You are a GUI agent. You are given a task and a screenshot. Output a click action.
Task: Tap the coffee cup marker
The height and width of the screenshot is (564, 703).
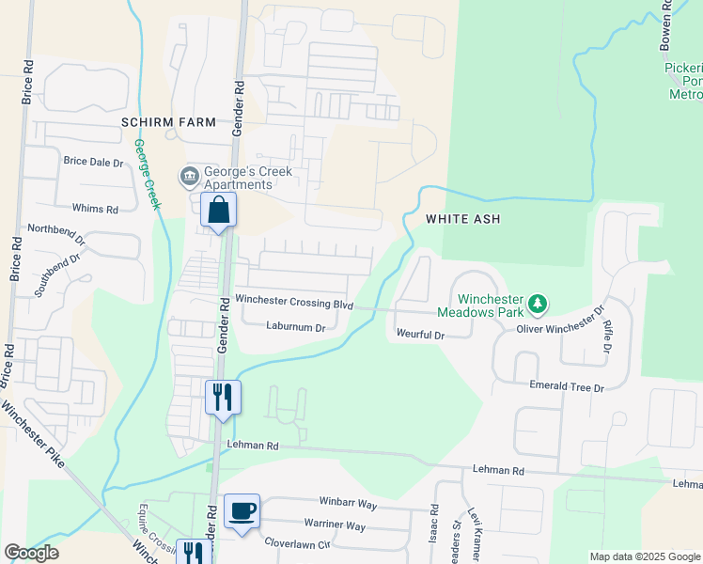click(242, 511)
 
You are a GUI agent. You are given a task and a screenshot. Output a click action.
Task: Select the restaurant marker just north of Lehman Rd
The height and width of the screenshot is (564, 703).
click(223, 398)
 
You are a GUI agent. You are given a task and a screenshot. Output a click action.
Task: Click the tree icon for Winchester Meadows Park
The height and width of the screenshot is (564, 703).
click(537, 303)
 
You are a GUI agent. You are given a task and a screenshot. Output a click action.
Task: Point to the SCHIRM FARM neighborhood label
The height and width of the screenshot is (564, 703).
click(168, 122)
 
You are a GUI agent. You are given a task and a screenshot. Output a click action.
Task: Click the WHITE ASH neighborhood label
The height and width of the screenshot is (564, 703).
click(462, 219)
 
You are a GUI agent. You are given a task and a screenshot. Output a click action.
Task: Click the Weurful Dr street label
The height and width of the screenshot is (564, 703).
click(419, 334)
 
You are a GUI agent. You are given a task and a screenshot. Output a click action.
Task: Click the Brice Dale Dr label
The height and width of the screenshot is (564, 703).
click(93, 162)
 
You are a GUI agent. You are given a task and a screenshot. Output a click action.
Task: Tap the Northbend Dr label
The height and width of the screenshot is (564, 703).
click(56, 235)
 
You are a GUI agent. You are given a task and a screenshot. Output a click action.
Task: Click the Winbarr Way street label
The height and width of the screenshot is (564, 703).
click(346, 505)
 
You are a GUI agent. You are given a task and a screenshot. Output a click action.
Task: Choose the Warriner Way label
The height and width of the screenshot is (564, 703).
click(335, 525)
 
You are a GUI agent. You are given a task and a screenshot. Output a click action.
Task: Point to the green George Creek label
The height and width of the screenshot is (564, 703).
click(148, 175)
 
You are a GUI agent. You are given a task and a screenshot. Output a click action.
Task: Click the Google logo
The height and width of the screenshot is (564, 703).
click(31, 553)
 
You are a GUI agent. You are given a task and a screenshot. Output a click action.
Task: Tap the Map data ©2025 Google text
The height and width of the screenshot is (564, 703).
click(645, 556)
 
